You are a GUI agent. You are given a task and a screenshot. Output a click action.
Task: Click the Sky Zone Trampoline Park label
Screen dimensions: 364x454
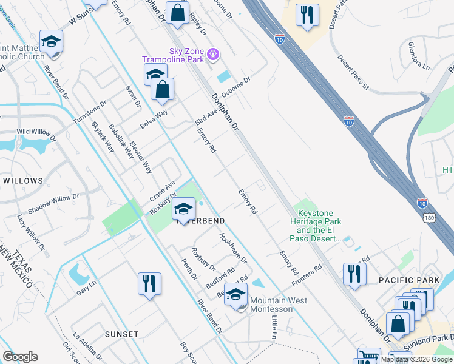click(x=175, y=55)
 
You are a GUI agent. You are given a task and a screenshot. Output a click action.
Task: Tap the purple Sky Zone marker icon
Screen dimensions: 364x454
click(x=213, y=54)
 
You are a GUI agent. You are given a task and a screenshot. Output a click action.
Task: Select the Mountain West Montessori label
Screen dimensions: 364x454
click(x=279, y=305)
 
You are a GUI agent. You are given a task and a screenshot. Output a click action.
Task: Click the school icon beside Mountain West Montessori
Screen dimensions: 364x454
click(x=236, y=295)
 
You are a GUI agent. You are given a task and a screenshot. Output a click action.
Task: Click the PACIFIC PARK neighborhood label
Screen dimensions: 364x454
click(x=404, y=280)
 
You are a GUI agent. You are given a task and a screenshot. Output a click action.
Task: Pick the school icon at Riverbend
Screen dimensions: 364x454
click(x=183, y=209)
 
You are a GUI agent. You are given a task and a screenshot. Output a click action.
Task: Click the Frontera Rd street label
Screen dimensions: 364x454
click(x=306, y=276)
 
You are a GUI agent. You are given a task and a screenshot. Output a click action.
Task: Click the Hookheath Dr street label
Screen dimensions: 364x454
click(x=233, y=248)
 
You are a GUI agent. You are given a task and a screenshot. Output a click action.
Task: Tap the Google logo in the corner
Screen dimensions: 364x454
click(x=20, y=357)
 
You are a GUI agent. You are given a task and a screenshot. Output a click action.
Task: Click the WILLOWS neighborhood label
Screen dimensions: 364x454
click(x=23, y=181)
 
